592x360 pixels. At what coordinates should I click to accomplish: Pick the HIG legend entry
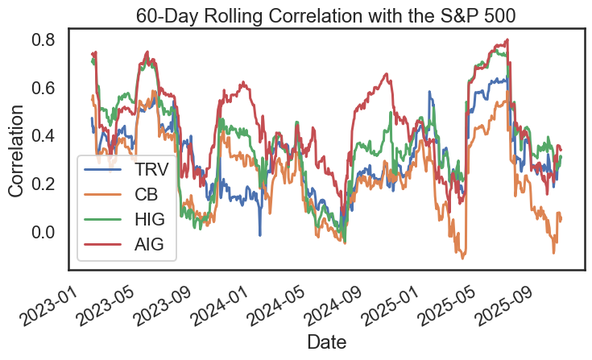(x=150, y=221)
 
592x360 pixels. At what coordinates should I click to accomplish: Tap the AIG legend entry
(x=150, y=246)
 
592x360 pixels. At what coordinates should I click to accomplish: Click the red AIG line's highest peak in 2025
(x=507, y=39)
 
